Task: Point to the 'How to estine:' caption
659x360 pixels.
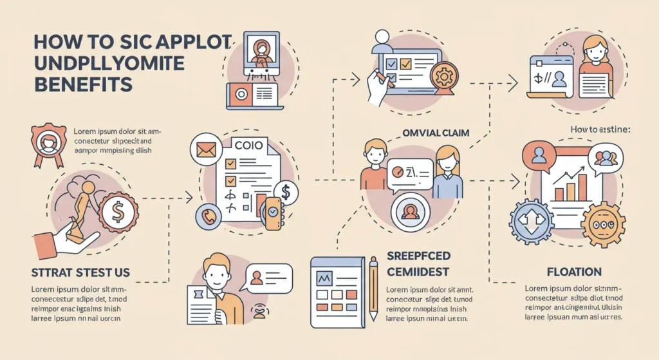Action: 600,129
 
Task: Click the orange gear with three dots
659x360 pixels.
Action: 602,223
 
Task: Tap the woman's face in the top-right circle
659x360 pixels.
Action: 595,49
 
